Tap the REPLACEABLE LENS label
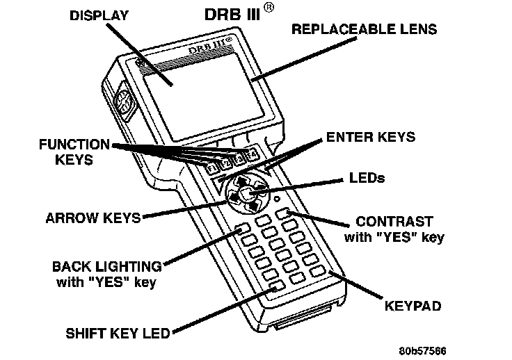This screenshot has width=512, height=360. point(364,30)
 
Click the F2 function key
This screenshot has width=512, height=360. point(225,163)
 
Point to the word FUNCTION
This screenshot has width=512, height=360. point(75,145)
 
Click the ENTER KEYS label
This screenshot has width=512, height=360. point(371,137)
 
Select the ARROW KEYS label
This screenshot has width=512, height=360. point(93,218)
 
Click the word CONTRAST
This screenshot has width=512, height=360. point(394,222)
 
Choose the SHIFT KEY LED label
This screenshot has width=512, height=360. point(118,333)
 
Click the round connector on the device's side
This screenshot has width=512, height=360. point(123,104)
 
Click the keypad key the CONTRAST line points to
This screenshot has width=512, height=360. point(282,214)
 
